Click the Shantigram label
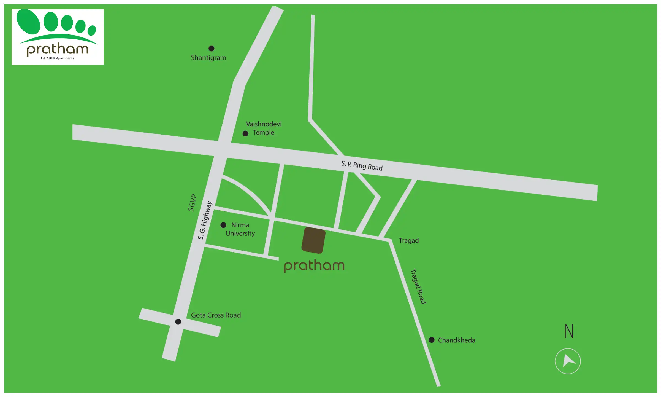coord(208,58)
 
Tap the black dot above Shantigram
coord(211,49)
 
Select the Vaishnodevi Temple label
coord(264,128)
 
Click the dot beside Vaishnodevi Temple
coord(245,133)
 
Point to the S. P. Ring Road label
coord(362,165)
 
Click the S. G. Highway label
coord(205,220)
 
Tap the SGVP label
coord(192,203)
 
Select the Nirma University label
coord(240,229)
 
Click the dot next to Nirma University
coord(223,225)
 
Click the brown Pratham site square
coord(313,240)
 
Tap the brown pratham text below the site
coord(314,265)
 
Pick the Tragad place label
coord(409,241)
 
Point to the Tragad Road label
coord(418,286)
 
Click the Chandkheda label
coord(456,340)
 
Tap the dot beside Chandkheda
coord(432,340)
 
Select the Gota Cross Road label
coord(216,315)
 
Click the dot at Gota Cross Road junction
coord(178,321)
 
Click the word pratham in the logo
coord(58,49)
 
